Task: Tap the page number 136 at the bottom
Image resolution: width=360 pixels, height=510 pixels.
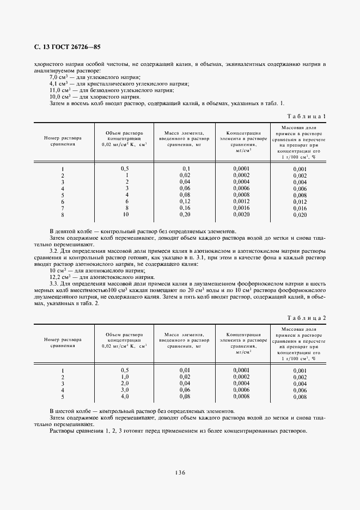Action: (180, 472)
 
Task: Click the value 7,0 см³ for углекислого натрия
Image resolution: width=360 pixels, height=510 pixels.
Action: (57, 77)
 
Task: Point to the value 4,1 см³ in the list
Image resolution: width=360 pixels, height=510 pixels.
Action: (57, 83)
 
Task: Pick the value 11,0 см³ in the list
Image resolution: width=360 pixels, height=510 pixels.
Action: (58, 90)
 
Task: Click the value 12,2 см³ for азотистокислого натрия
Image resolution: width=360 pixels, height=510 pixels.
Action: (58, 276)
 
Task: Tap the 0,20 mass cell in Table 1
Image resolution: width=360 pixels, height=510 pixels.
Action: (184, 215)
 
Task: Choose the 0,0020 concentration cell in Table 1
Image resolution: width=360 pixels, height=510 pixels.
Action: (241, 215)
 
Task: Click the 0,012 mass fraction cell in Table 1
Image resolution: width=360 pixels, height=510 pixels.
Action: (300, 202)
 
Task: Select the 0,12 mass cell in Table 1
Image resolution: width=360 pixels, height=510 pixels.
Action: (184, 201)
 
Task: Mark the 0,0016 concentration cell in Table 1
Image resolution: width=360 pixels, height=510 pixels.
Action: (241, 208)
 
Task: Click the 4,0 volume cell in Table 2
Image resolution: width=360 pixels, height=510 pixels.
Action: (124, 397)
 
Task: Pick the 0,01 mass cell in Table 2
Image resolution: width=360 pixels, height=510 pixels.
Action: (184, 371)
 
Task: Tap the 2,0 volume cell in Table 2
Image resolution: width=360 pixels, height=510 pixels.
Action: (124, 384)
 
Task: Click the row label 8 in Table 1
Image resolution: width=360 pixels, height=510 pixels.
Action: (63, 215)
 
